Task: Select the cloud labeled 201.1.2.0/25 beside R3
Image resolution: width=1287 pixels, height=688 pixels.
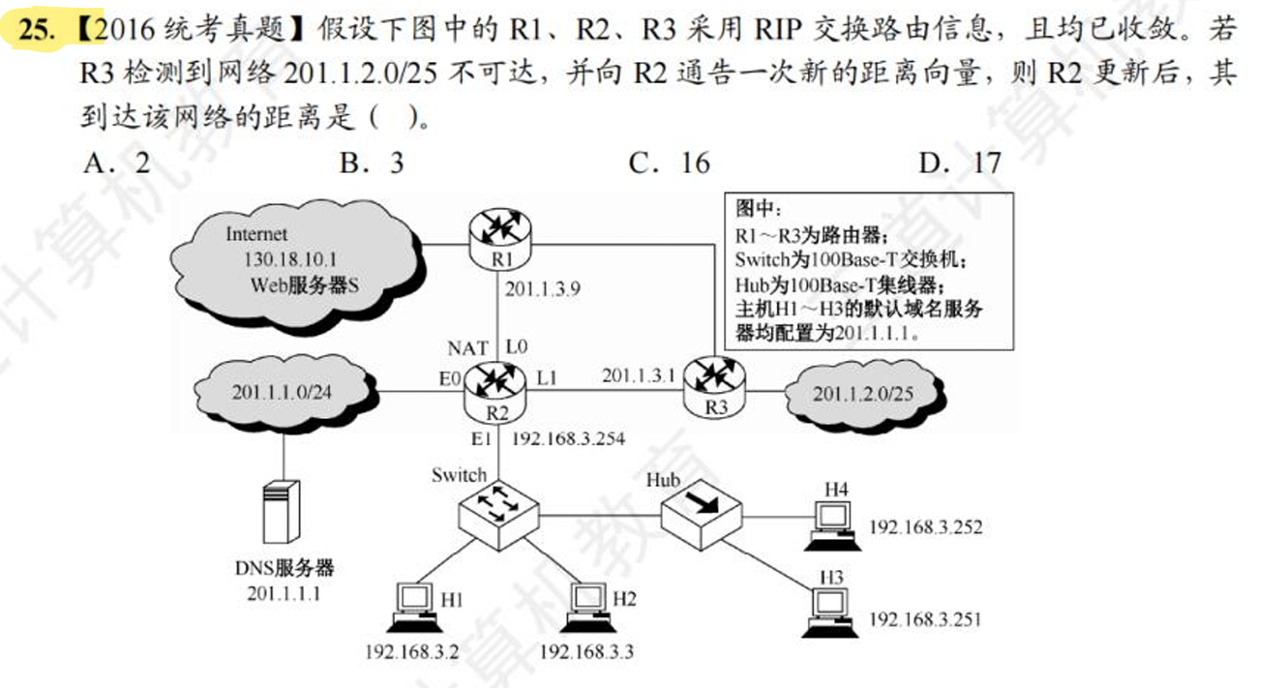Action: click(862, 393)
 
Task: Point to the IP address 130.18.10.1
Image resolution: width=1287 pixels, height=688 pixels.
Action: click(289, 260)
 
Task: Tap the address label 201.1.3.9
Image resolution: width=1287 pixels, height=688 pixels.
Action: click(542, 287)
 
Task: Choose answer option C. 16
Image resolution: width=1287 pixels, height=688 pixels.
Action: click(670, 163)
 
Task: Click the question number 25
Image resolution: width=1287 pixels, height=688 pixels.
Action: click(38, 29)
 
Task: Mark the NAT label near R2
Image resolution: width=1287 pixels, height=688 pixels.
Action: click(467, 347)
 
